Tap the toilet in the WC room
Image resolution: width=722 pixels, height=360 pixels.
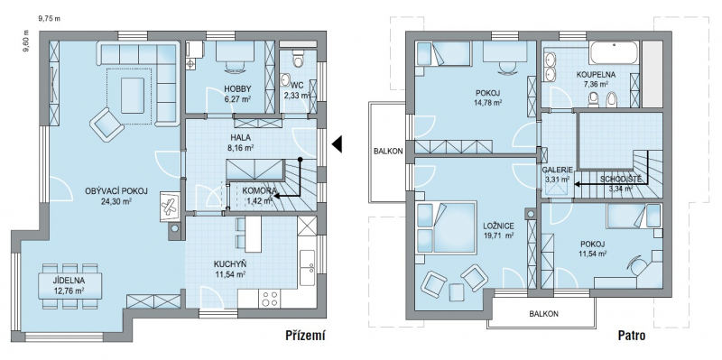click(x=299, y=59)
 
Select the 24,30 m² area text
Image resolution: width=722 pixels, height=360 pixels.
click(x=116, y=200)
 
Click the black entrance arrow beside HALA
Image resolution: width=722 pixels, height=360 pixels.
click(x=337, y=143)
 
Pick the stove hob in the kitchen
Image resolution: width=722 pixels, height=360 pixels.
click(x=270, y=299)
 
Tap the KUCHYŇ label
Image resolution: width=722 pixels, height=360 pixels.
click(x=230, y=264)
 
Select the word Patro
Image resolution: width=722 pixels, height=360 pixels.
click(x=632, y=336)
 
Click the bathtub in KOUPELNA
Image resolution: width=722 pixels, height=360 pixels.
click(x=614, y=52)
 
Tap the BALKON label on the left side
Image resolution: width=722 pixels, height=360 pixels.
click(x=389, y=151)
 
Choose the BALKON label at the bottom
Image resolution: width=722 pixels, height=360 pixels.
click(x=544, y=314)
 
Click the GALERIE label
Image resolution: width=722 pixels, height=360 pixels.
click(x=556, y=169)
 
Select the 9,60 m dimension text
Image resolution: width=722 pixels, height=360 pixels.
click(x=26, y=42)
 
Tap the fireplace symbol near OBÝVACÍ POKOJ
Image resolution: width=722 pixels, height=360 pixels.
click(x=169, y=205)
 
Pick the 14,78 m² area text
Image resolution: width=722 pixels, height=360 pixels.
click(x=488, y=103)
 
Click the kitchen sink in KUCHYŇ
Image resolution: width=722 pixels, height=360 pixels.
click(x=307, y=267)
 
